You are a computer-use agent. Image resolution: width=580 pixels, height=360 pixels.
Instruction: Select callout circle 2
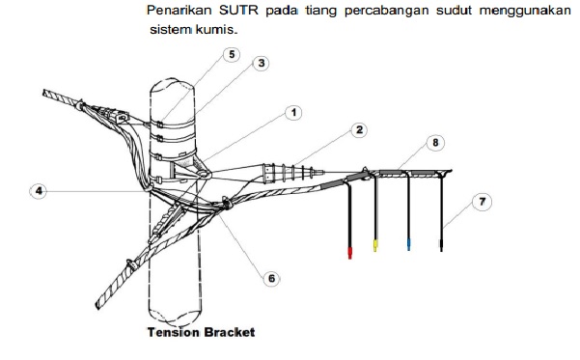click(330, 129)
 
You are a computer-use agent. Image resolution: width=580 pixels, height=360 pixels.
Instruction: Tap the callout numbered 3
click(261, 63)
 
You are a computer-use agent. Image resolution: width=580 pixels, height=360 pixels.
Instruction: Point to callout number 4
click(40, 191)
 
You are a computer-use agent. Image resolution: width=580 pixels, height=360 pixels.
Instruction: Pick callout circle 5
click(230, 54)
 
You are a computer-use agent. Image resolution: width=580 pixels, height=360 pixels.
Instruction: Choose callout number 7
click(481, 201)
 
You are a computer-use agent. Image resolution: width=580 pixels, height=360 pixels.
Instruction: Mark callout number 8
click(435, 142)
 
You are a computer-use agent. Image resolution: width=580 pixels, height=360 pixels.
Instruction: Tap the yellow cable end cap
click(375, 246)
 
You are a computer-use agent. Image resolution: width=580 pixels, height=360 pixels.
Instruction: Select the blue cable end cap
click(409, 245)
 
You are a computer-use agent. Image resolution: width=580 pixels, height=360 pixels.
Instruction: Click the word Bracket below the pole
click(228, 333)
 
